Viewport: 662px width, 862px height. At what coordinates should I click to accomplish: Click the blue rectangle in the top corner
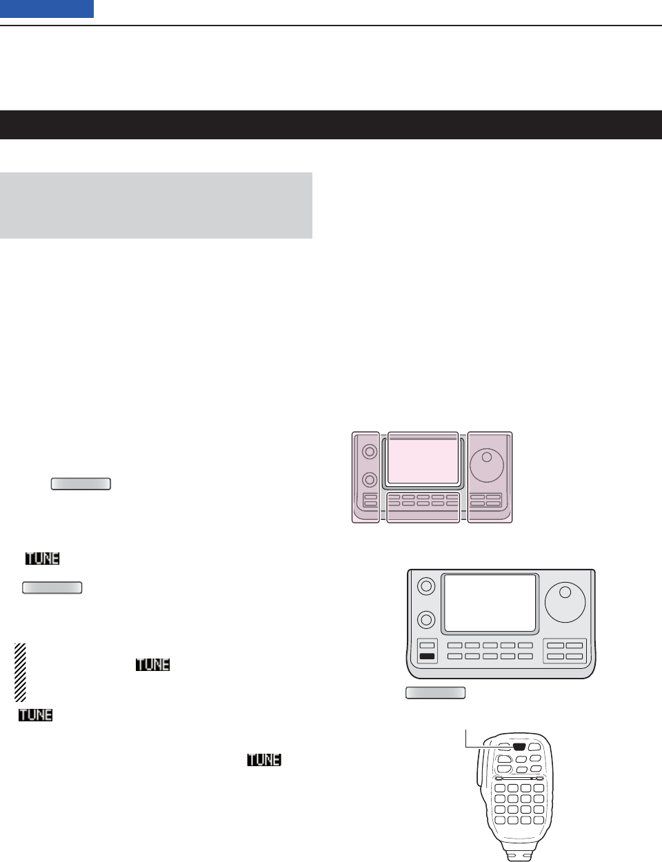pos(47,9)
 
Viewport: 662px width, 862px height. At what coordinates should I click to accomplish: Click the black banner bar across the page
pos(331,125)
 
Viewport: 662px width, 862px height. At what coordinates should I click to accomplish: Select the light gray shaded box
pos(156,206)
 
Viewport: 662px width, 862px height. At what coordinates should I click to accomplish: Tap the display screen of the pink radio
pos(423,461)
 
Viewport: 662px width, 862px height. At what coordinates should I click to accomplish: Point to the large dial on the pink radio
pos(487,465)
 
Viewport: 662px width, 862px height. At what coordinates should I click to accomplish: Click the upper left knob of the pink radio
pos(370,452)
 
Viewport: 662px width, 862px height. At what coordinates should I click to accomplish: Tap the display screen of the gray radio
pos(490,603)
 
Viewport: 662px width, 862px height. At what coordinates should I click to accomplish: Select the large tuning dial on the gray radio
pos(565,600)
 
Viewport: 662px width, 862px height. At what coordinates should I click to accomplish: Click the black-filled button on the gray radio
pos(428,656)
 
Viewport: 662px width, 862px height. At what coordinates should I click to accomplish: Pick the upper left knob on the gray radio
pos(427,586)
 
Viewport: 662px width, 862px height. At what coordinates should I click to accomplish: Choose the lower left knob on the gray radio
pos(427,620)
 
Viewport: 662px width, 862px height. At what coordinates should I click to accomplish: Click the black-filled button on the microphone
pos(520,747)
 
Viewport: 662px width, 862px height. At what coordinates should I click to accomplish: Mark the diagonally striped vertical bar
pos(20,672)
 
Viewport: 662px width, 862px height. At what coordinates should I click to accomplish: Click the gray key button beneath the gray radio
pos(435,693)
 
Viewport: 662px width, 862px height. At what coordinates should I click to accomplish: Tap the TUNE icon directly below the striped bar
pos(36,715)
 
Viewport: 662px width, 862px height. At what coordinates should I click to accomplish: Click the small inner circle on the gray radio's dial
pos(566,592)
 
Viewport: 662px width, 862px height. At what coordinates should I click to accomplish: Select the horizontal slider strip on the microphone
pos(516,778)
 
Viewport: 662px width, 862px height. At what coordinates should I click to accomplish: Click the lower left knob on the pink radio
pos(370,479)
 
